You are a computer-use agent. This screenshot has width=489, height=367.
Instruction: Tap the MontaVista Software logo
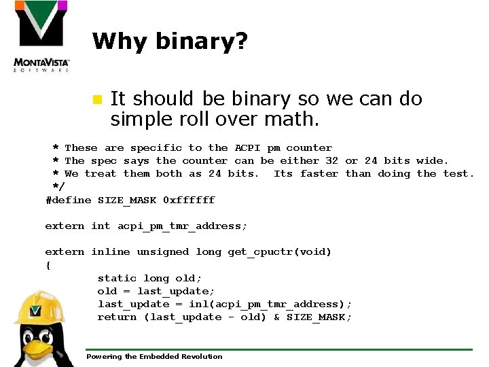[41, 37]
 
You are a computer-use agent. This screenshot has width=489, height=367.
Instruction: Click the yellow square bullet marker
[96, 99]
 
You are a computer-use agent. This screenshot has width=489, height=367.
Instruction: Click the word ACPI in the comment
[248, 147]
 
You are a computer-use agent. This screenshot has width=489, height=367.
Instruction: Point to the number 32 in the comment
[331, 160]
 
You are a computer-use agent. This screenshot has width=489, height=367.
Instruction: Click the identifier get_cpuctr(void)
[280, 252]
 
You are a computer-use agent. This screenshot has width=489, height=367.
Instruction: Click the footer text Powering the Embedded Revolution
[154, 356]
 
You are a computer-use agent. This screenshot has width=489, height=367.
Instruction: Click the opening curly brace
[48, 265]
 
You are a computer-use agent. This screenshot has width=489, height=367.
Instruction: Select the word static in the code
[117, 278]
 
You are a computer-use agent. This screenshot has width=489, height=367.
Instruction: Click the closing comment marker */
[58, 186]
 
